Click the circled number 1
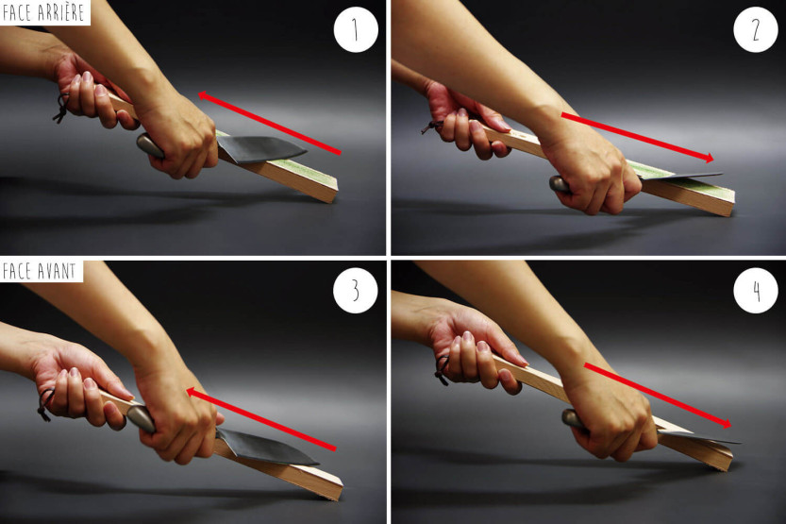pos(356,29)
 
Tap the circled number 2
pos(756,29)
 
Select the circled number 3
pos(356,291)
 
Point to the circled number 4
pos(756,291)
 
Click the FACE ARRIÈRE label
pos(43,12)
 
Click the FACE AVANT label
pos(39,271)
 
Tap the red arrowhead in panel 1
pos(204,95)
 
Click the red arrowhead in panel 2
pos(708,159)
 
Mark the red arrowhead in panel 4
pos(726,424)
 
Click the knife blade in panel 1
pos(259,148)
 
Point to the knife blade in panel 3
pos(264,447)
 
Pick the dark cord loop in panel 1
pos(60,109)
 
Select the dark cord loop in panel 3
pos(45,405)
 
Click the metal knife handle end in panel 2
pos(559,183)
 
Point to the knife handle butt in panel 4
pos(571,417)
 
